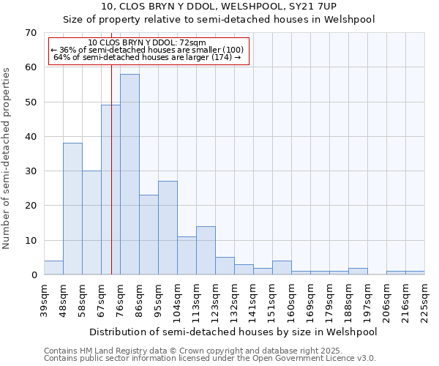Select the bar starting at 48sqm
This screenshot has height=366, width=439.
(x=72, y=209)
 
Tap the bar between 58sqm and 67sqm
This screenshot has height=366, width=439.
(x=91, y=223)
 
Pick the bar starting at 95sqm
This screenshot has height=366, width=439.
(x=168, y=228)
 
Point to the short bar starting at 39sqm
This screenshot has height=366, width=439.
(x=53, y=268)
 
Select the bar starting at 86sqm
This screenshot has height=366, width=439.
(x=149, y=235)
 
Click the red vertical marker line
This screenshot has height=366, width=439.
(x=111, y=183)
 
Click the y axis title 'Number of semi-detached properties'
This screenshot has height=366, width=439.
(x=7, y=158)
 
